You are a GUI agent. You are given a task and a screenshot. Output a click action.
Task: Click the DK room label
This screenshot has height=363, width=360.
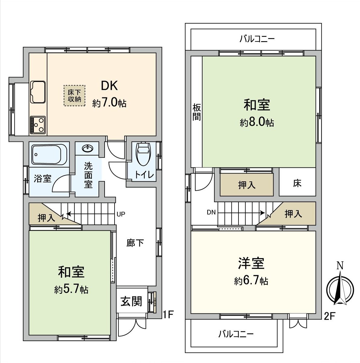point(109,86)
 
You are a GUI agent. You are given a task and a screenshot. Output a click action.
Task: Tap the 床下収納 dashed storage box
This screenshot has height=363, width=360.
point(74,96)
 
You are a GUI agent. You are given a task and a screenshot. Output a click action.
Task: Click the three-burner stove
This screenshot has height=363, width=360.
point(38,125)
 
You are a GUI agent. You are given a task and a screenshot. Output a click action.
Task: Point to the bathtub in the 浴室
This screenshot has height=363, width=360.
point(49,154)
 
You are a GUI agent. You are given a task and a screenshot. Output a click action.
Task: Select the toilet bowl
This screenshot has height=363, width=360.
point(143,153)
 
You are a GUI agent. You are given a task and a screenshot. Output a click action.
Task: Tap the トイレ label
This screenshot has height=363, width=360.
point(145,175)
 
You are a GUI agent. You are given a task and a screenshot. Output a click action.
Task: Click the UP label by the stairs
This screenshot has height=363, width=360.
point(121,214)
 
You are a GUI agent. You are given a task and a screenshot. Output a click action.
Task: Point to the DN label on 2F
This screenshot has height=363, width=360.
point(211,212)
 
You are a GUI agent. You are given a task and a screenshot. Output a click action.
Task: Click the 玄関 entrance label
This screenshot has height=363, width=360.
point(131,302)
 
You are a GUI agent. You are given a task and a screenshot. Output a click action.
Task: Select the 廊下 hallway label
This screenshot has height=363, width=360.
point(135,243)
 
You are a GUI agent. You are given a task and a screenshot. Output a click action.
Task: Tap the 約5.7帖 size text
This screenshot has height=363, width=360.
point(71,289)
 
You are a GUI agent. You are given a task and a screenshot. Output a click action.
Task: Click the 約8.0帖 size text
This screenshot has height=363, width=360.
point(257,123)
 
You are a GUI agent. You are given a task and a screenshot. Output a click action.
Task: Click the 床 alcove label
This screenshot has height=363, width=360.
point(297,183)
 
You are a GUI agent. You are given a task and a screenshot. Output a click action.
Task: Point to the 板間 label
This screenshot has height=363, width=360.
point(196,112)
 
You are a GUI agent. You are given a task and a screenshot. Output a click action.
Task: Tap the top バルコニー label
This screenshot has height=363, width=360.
point(257,39)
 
